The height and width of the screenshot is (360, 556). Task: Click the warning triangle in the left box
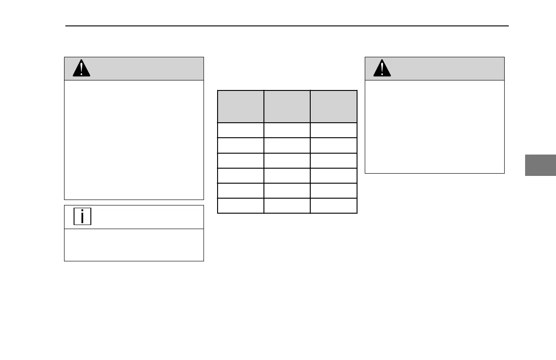[x=82, y=69]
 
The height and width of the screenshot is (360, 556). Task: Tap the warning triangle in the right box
[x=382, y=69]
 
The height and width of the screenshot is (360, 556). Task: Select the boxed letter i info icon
[x=82, y=216]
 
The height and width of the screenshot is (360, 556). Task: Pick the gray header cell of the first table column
[x=241, y=106]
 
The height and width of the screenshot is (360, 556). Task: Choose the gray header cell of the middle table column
[x=287, y=106]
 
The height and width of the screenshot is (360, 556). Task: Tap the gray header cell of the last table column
[x=334, y=106]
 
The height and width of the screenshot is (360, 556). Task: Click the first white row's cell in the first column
[x=241, y=130]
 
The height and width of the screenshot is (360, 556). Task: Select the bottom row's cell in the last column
[x=334, y=205]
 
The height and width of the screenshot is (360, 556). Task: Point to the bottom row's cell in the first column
[x=241, y=205]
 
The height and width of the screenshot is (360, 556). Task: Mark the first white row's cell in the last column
[x=334, y=130]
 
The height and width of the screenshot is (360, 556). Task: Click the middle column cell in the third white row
[x=287, y=160]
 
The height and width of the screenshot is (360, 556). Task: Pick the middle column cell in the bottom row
[x=287, y=205]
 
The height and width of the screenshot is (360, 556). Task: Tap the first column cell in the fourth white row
[x=241, y=175]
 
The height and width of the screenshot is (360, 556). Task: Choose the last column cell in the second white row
[x=334, y=145]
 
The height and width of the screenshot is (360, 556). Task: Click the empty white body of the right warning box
[x=435, y=126]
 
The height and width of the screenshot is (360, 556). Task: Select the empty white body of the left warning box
[x=134, y=140]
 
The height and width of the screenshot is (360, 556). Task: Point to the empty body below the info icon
[x=134, y=245]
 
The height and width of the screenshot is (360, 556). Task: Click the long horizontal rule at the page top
[x=287, y=26]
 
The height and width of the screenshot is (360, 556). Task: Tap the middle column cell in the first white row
[x=287, y=130]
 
